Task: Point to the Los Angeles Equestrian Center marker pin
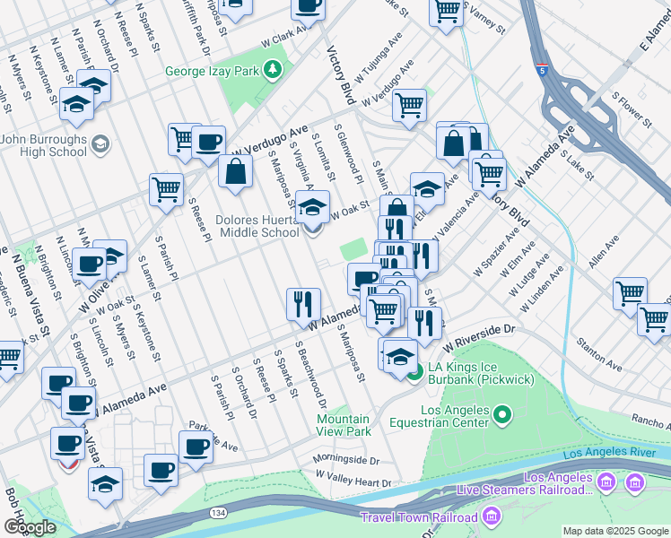point(501,415)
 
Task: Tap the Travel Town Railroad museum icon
point(492,516)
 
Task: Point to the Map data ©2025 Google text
point(615,531)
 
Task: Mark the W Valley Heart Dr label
point(353,482)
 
